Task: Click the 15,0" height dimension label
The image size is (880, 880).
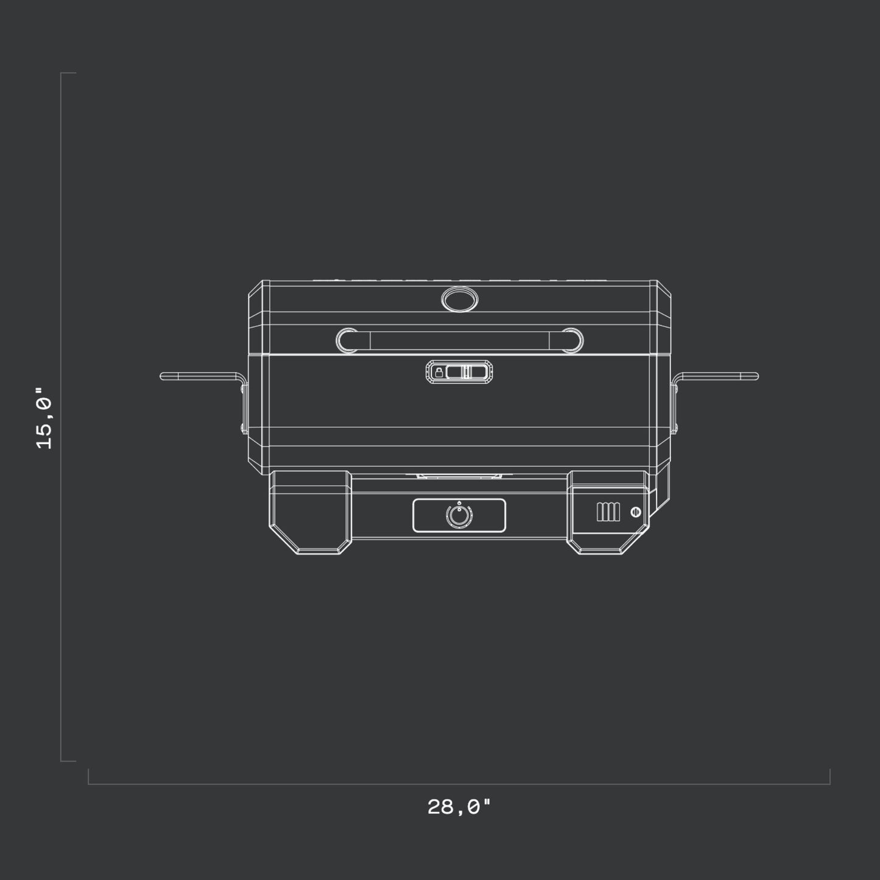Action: (44, 418)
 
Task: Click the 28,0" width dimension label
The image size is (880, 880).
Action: (459, 808)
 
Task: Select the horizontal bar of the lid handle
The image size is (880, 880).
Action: (460, 340)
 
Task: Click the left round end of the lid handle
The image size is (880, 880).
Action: (348, 340)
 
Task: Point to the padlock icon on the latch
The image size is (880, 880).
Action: (438, 373)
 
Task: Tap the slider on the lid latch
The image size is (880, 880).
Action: (465, 373)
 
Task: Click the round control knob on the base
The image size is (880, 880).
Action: (459, 516)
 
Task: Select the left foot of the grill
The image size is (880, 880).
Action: (309, 512)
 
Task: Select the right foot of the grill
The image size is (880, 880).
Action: (608, 512)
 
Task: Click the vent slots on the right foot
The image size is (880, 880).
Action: (608, 512)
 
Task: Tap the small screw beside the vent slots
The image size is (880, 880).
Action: (635, 512)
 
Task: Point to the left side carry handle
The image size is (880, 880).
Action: (198, 376)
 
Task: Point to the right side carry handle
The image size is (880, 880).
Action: (719, 376)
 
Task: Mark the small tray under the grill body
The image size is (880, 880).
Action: (459, 474)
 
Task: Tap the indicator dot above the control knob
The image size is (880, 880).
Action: (459, 503)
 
